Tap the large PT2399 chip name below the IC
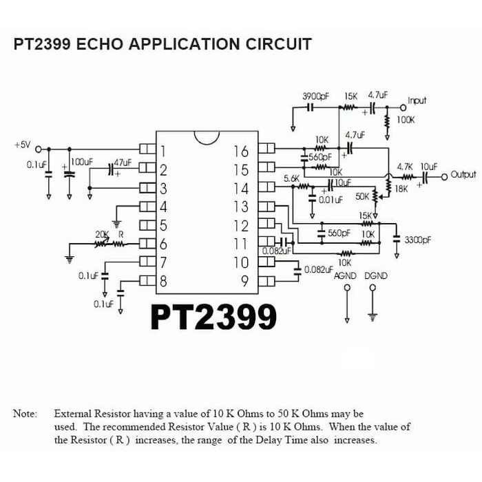pyautogui.click(x=213, y=316)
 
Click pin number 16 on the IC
pyautogui.click(x=241, y=151)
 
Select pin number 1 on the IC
pyautogui.click(x=163, y=151)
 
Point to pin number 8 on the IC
pyautogui.click(x=163, y=281)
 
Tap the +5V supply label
pyautogui.click(x=22, y=145)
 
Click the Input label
pyautogui.click(x=417, y=101)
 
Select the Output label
pyautogui.click(x=463, y=175)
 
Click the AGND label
pyautogui.click(x=346, y=275)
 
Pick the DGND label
pyautogui.click(x=375, y=275)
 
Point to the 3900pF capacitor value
pyautogui.click(x=315, y=96)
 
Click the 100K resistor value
pyautogui.click(x=406, y=120)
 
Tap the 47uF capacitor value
pyautogui.click(x=123, y=163)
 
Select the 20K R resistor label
pyautogui.click(x=110, y=234)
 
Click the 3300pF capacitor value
pyautogui.click(x=418, y=240)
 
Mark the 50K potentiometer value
pyautogui.click(x=363, y=197)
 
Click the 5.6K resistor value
pyautogui.click(x=291, y=178)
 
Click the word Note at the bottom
pyautogui.click(x=25, y=414)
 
